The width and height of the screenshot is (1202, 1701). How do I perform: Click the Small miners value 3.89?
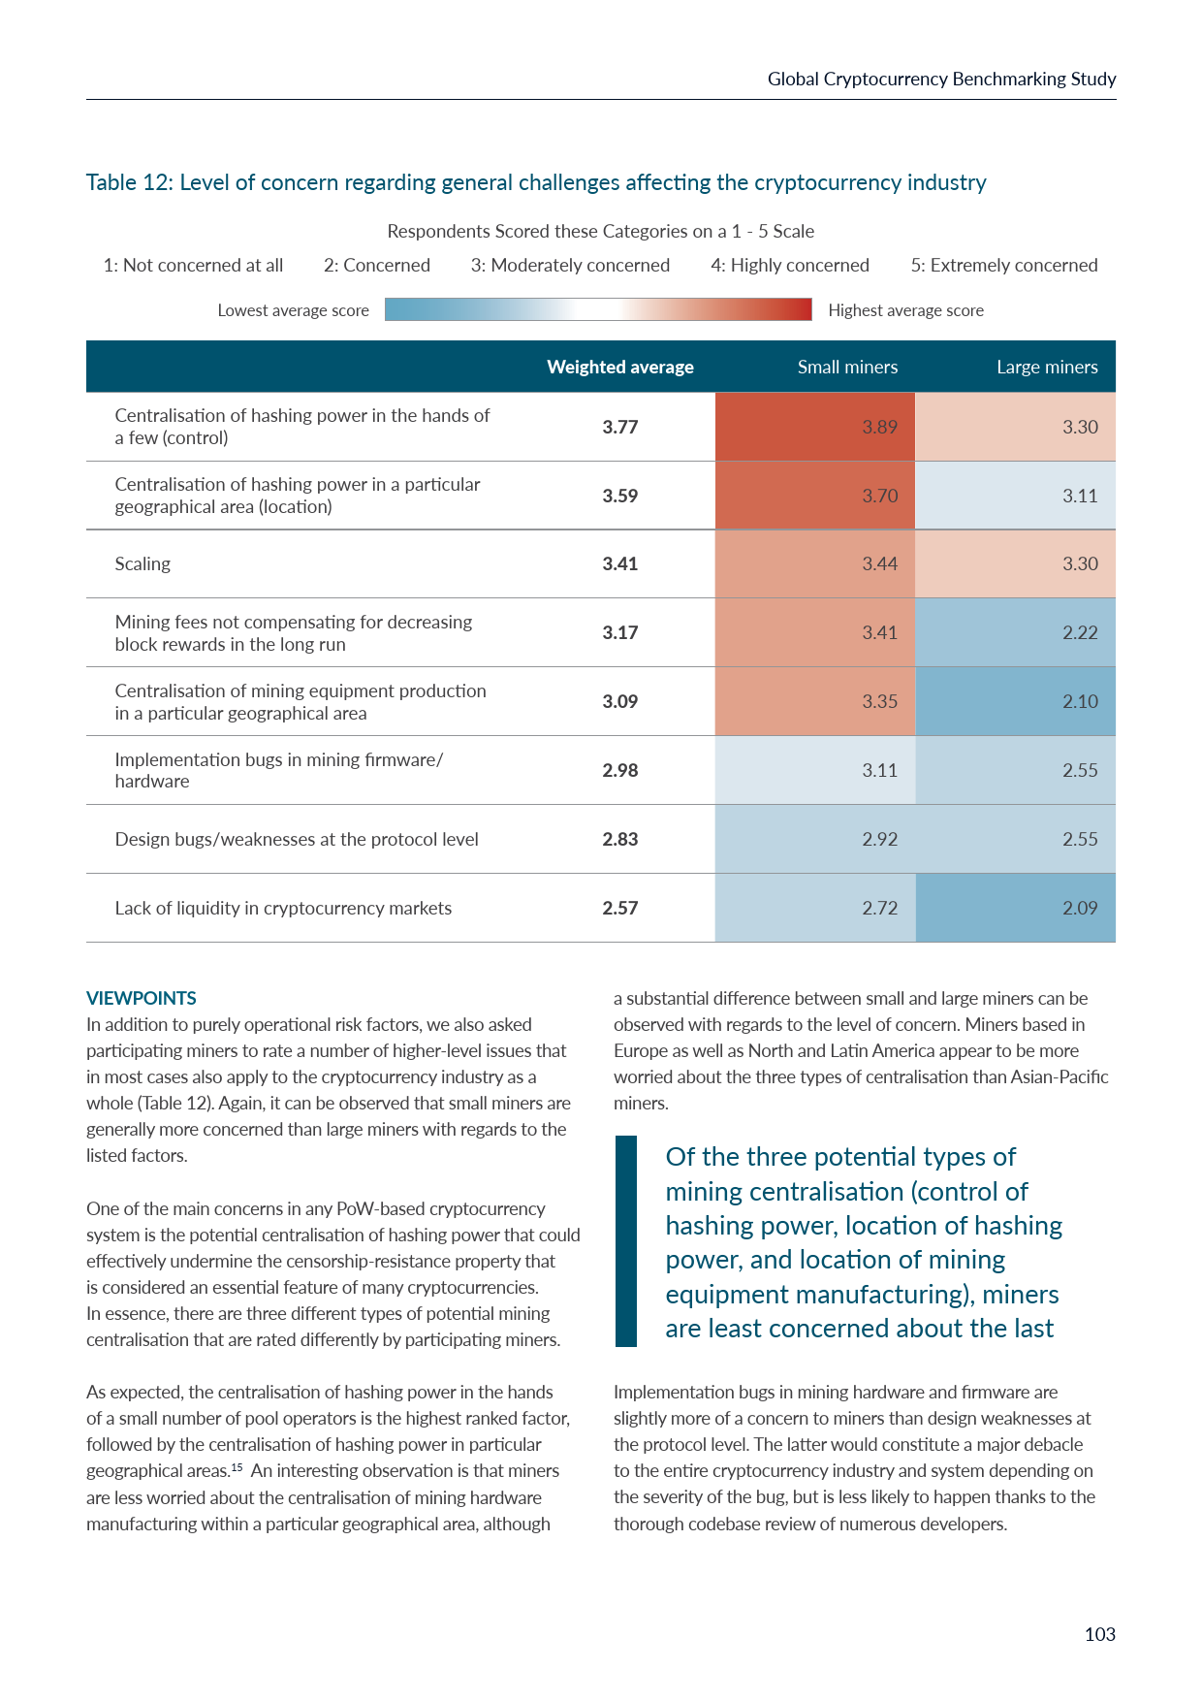(x=879, y=427)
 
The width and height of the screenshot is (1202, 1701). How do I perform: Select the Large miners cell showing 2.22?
(x=1079, y=632)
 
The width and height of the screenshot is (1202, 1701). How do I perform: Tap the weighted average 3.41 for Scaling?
(x=619, y=563)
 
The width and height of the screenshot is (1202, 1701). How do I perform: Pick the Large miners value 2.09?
(x=1079, y=908)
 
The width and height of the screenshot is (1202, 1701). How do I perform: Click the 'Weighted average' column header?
(x=619, y=367)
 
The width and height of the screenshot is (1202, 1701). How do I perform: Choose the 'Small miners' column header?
(x=847, y=367)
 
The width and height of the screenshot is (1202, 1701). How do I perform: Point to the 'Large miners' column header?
(x=1047, y=367)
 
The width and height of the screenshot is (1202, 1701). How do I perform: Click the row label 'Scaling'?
(x=142, y=563)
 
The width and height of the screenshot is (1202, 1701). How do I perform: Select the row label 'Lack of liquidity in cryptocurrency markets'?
(x=283, y=908)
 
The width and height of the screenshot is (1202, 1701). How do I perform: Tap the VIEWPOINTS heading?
(x=142, y=998)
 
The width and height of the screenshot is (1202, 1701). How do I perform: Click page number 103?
(x=1099, y=1634)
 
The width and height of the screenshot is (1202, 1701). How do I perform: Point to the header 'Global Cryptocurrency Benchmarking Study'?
(x=941, y=79)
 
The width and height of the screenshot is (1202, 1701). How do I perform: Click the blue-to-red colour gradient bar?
(x=598, y=309)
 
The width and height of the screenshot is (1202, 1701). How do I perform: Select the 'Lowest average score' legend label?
(x=293, y=310)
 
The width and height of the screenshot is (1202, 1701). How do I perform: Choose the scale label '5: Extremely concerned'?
(x=1003, y=265)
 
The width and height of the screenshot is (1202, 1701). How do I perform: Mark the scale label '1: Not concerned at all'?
(x=193, y=265)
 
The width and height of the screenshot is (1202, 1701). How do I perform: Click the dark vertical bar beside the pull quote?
(x=626, y=1241)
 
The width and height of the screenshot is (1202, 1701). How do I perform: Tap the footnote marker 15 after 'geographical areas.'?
(x=237, y=1466)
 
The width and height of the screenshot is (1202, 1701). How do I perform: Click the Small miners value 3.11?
(x=879, y=770)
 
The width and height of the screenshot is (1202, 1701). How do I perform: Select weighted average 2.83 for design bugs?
(x=619, y=839)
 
